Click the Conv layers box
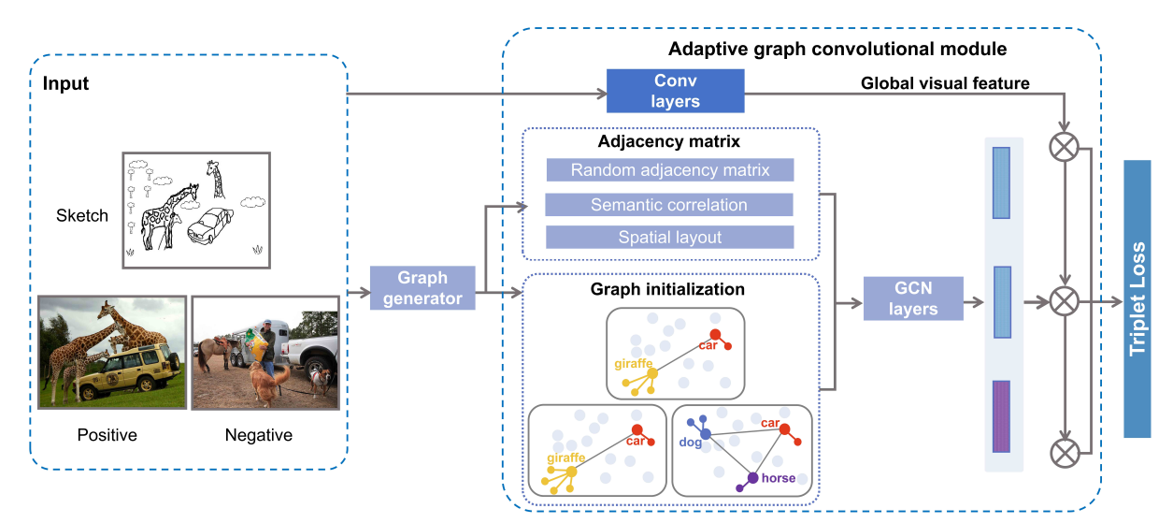pos(675,91)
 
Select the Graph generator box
pos(422,287)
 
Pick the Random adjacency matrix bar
pos(669,170)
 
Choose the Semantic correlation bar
pos(669,205)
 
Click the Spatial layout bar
pos(669,238)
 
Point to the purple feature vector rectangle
pos(1001,416)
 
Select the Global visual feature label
pos(944,84)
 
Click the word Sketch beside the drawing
pos(82,216)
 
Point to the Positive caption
pos(107,435)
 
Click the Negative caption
pos(259,435)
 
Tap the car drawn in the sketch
pos(210,225)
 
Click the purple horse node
pos(752,478)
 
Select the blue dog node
pos(706,434)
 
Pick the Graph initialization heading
pos(667,289)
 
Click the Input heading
pos(65,84)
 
